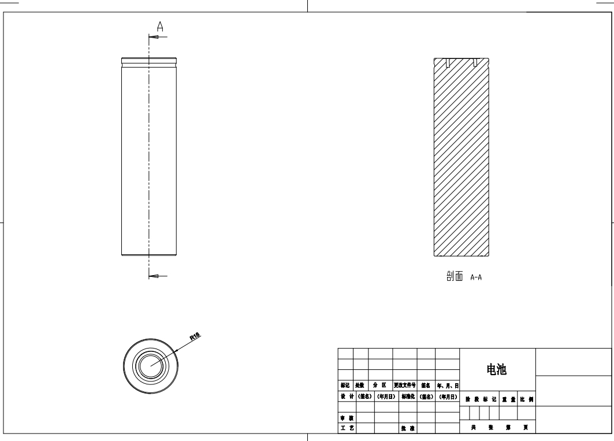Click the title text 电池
tap(497, 370)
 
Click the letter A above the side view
tap(160, 26)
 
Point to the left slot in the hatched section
tap(449, 62)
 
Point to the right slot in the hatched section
tap(474, 62)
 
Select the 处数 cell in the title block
tap(360, 385)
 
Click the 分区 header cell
tap(380, 385)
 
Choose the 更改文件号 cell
tap(404, 385)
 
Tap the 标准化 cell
tap(407, 396)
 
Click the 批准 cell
tap(407, 428)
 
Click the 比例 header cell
tap(527, 399)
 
